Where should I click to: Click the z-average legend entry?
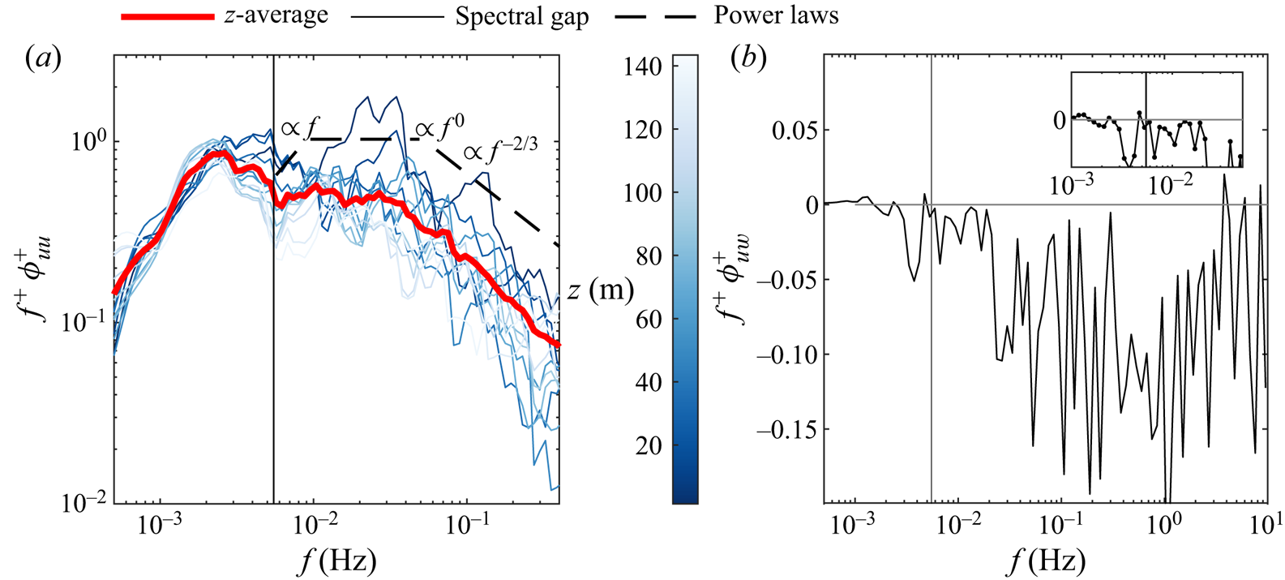(x=276, y=15)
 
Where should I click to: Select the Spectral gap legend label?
(x=521, y=16)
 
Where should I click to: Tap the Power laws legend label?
(x=776, y=15)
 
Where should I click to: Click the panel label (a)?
(x=44, y=58)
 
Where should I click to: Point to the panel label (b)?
(x=748, y=58)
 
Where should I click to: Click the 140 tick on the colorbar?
(x=644, y=67)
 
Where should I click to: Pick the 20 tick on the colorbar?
(x=649, y=445)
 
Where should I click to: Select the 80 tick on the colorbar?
(x=649, y=256)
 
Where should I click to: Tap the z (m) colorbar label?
(x=600, y=290)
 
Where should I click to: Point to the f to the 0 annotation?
(x=440, y=127)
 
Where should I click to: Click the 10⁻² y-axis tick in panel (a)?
(x=84, y=503)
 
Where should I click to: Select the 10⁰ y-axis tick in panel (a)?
(x=88, y=142)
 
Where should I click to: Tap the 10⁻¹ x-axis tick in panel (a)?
(x=467, y=524)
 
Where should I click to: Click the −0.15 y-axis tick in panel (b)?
(x=787, y=429)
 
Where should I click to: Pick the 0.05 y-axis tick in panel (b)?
(x=795, y=130)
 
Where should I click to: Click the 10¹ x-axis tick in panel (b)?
(x=1266, y=524)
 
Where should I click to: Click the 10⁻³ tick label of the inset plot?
(x=1072, y=185)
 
